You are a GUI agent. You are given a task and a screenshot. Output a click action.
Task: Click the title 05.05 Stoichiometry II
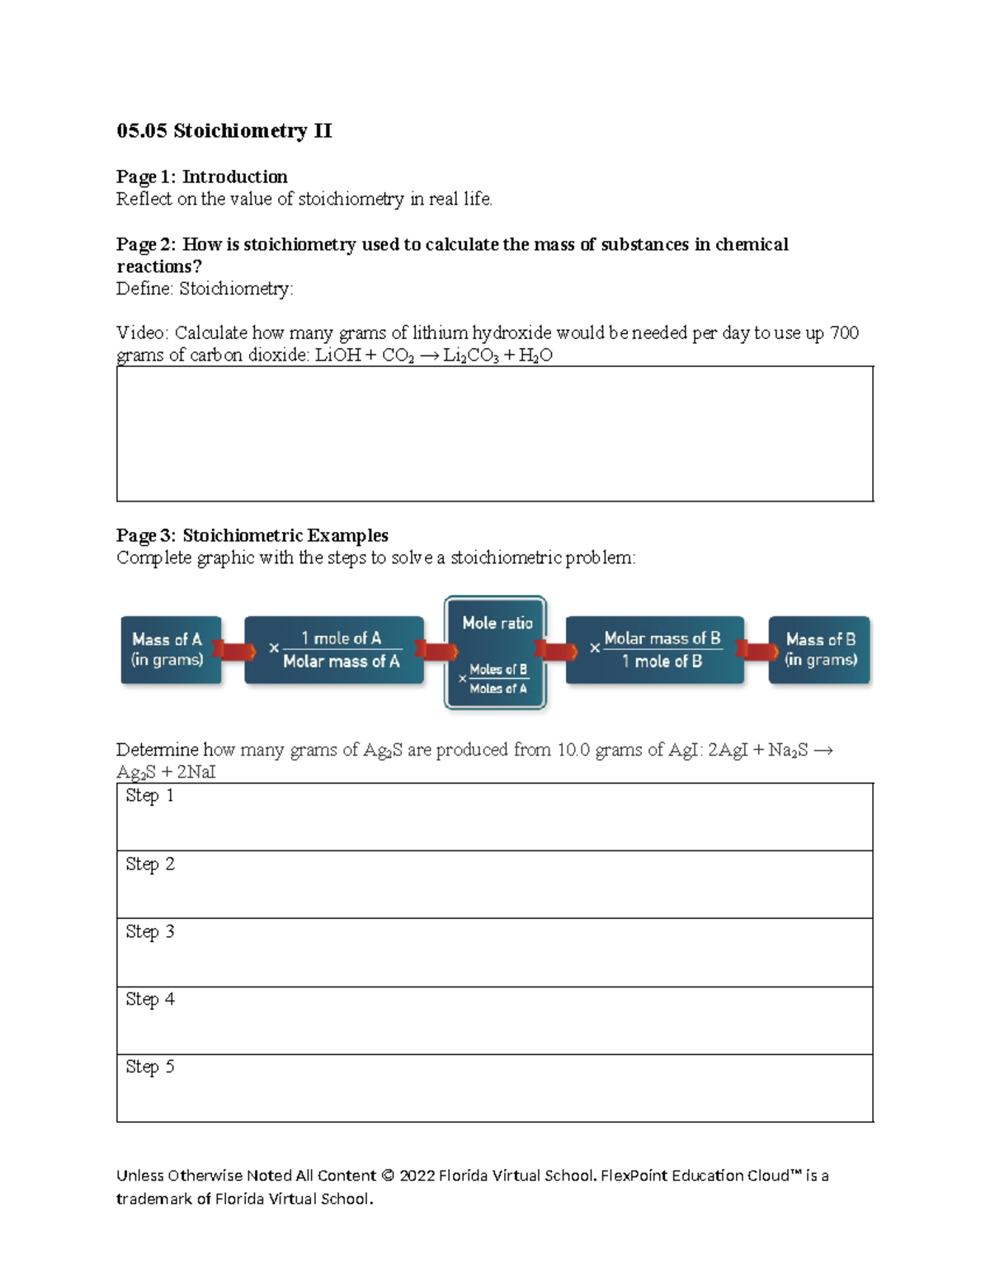point(224,131)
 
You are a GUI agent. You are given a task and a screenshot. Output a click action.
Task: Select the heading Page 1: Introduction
point(201,177)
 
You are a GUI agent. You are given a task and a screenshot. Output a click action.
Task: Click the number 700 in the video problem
point(843,332)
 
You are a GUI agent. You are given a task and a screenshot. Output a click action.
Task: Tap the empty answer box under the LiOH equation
point(494,434)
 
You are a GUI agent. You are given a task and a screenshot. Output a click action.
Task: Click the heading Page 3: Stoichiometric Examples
point(252,535)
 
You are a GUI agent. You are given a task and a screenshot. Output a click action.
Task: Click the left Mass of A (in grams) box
point(170,650)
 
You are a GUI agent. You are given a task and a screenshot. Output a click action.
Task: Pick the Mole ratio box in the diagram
point(495,652)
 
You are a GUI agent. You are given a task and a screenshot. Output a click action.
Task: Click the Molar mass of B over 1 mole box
point(655,650)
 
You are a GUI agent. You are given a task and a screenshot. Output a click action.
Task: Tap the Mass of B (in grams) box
point(819,650)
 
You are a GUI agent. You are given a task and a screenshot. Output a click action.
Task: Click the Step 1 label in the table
point(149,796)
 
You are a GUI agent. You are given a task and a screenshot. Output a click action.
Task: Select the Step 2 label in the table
point(149,864)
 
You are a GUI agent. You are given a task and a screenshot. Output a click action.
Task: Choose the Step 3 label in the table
point(149,931)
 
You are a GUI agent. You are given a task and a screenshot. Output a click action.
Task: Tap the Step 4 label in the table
point(149,999)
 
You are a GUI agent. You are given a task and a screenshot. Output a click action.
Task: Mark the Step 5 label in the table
point(149,1067)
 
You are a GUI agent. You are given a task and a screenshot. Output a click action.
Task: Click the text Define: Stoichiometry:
point(205,289)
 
